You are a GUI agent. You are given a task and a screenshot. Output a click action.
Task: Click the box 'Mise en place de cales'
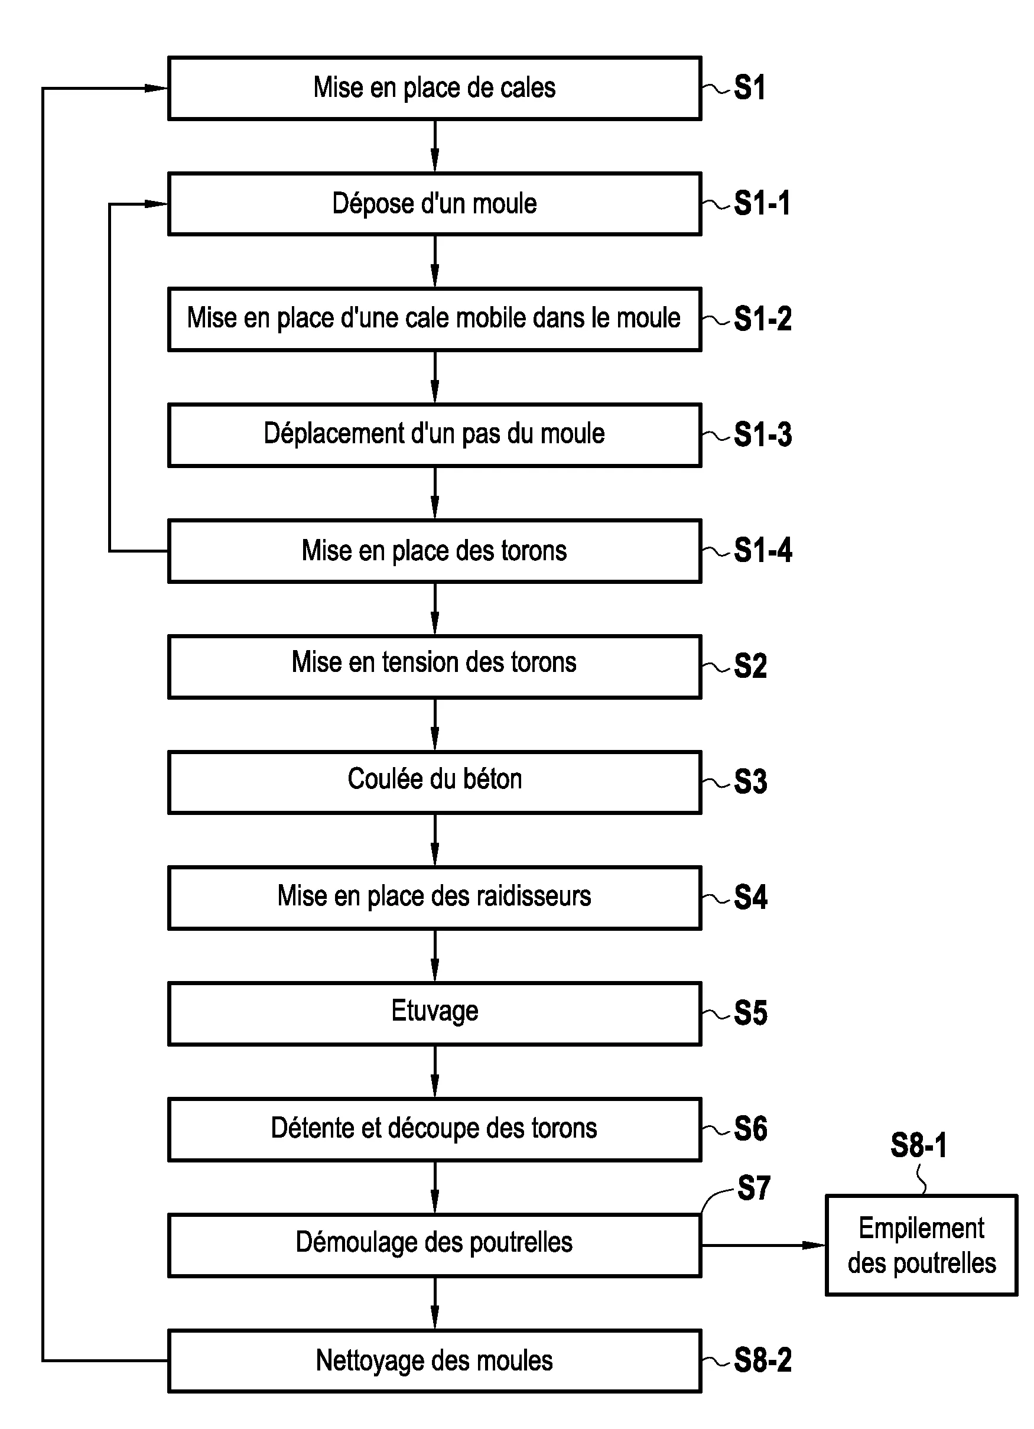(434, 88)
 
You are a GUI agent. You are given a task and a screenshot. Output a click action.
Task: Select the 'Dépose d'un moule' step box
(434, 203)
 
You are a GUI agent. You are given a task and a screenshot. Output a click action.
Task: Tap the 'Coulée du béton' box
(434, 782)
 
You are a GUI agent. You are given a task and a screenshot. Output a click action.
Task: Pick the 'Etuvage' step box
(434, 1013)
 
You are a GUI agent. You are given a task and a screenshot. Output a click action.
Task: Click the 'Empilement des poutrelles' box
(921, 1245)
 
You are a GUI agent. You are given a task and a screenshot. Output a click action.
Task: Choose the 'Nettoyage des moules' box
(434, 1361)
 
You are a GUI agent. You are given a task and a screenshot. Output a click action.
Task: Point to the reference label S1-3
(762, 435)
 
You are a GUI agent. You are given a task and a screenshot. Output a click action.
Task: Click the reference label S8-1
(918, 1145)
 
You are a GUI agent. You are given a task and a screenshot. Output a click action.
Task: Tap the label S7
(753, 1188)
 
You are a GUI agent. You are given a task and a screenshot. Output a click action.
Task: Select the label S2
(750, 666)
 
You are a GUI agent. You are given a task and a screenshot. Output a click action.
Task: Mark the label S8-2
(762, 1361)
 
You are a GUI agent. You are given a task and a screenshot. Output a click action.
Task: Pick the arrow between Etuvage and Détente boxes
(434, 1071)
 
